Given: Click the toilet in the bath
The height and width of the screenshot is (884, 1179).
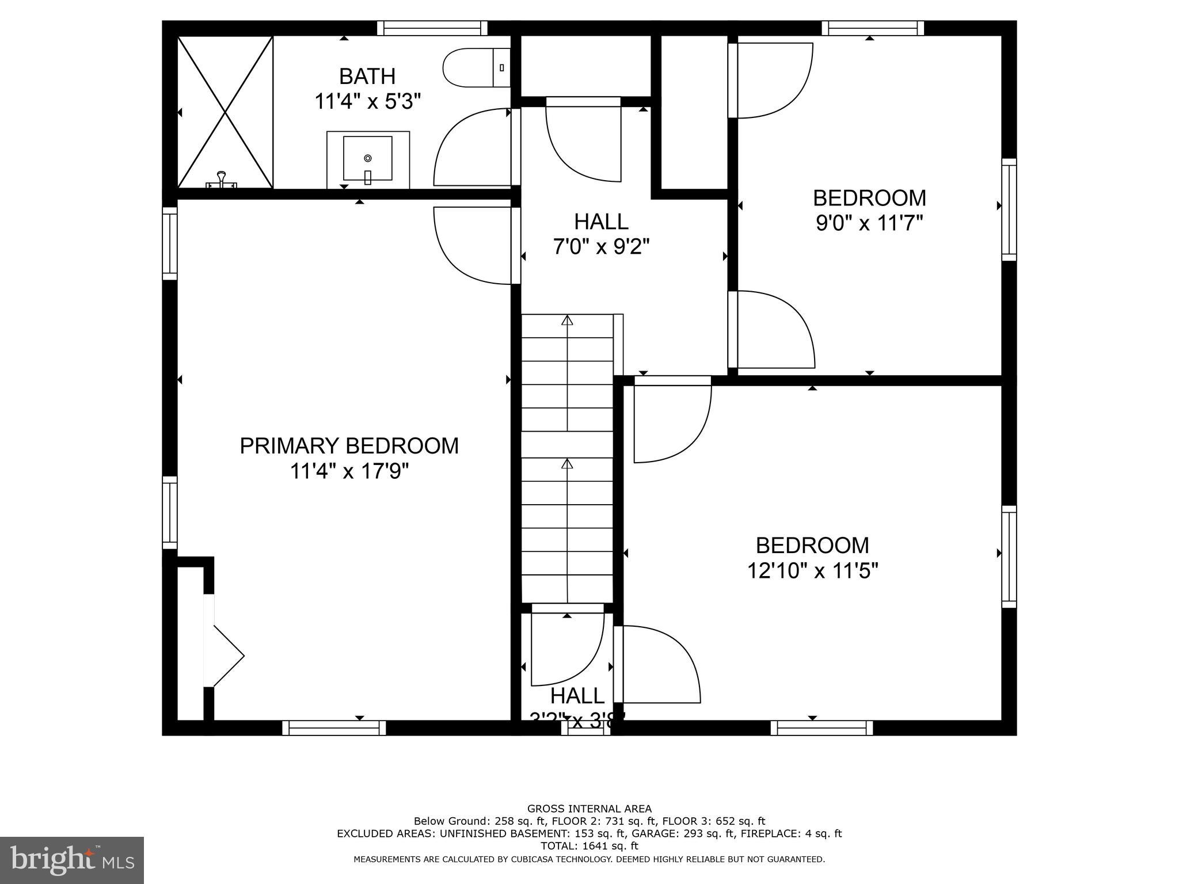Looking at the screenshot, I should click(476, 68).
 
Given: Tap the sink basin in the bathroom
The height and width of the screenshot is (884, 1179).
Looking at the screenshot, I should click(368, 158).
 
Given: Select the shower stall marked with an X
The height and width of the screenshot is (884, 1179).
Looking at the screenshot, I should click(225, 112).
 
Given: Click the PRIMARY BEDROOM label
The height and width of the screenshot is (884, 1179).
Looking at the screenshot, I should click(349, 446).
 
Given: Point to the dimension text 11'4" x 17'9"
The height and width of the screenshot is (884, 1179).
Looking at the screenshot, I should click(349, 471).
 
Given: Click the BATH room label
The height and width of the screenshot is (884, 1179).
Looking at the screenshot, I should click(367, 77).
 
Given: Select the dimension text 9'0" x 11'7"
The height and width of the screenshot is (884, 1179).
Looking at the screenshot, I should click(869, 223).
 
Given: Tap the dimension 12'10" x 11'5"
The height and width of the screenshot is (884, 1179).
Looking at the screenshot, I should click(812, 571).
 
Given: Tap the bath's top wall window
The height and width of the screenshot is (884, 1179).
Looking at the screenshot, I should click(432, 28).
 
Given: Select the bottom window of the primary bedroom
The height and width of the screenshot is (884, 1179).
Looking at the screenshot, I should click(334, 728).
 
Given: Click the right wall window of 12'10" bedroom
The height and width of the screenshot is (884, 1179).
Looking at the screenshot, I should click(1009, 557).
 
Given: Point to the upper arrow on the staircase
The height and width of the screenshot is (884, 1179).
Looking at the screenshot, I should click(568, 321).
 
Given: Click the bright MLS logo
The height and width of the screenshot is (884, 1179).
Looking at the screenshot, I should click(72, 860).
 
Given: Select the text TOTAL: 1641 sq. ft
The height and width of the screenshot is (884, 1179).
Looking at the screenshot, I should click(589, 846).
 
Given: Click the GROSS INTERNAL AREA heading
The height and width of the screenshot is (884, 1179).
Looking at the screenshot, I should click(589, 809).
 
